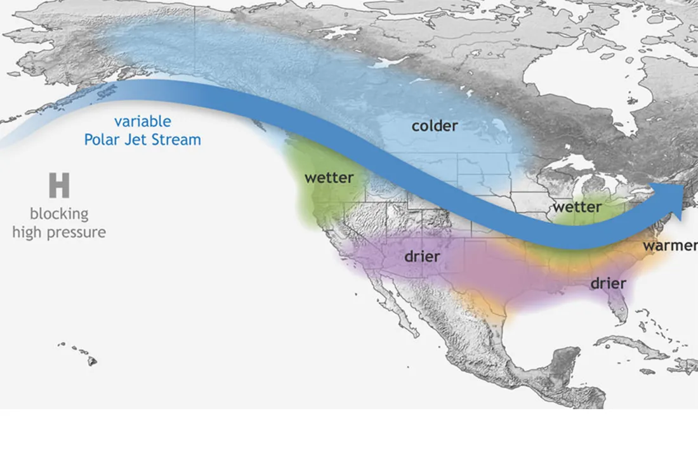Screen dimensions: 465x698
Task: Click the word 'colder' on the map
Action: (434, 126)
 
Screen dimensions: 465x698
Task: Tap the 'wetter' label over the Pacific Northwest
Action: (328, 178)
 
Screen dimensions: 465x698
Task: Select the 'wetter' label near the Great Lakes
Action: (576, 207)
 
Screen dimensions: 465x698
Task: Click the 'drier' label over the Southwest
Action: (422, 257)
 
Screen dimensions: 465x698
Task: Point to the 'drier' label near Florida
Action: (608, 283)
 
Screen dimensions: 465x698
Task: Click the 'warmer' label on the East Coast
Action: (669, 246)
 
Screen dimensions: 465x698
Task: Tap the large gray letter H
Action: (59, 186)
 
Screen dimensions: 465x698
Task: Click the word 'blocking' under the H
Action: (59, 214)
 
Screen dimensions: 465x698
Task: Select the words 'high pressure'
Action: (59, 232)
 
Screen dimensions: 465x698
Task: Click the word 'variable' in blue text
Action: (142, 122)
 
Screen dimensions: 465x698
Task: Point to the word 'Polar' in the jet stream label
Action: (103, 140)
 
